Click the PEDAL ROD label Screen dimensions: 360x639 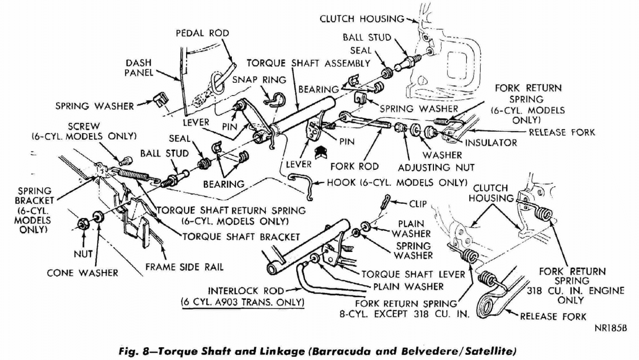pyautogui.click(x=202, y=33)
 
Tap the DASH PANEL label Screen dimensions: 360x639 pyautogui.click(x=138, y=68)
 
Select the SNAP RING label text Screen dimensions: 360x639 pyautogui.click(x=253, y=80)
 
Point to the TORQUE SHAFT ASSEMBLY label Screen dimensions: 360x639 pyautogui.click(x=308, y=63)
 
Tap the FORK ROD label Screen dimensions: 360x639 pyautogui.click(x=354, y=167)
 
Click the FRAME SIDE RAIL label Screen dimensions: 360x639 pyautogui.click(x=185, y=267)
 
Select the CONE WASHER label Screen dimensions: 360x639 pyautogui.click(x=82, y=273)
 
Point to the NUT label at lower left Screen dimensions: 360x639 pyautogui.click(x=83, y=254)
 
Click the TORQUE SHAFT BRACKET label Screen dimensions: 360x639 pyautogui.click(x=241, y=237)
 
